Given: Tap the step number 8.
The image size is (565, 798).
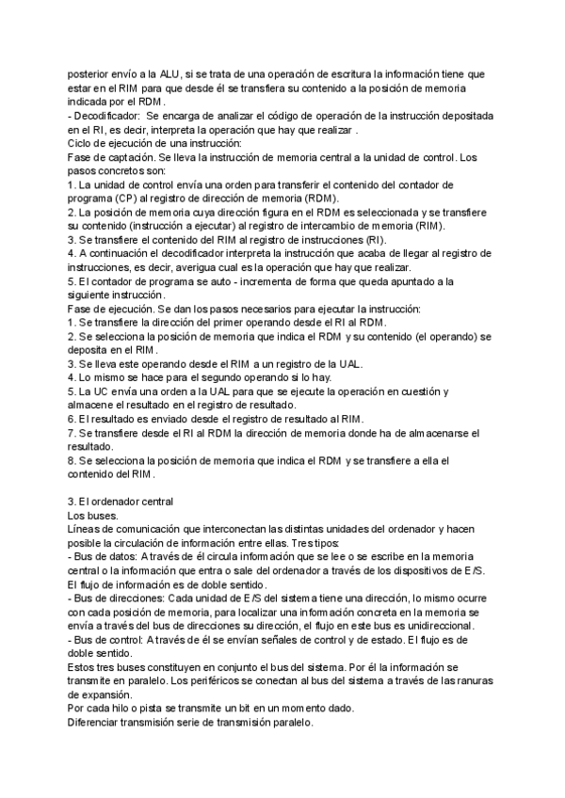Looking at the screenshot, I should point(72,460).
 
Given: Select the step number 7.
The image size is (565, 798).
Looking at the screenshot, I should point(72,433).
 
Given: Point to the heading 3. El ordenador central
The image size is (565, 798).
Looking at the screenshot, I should point(121,502).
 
